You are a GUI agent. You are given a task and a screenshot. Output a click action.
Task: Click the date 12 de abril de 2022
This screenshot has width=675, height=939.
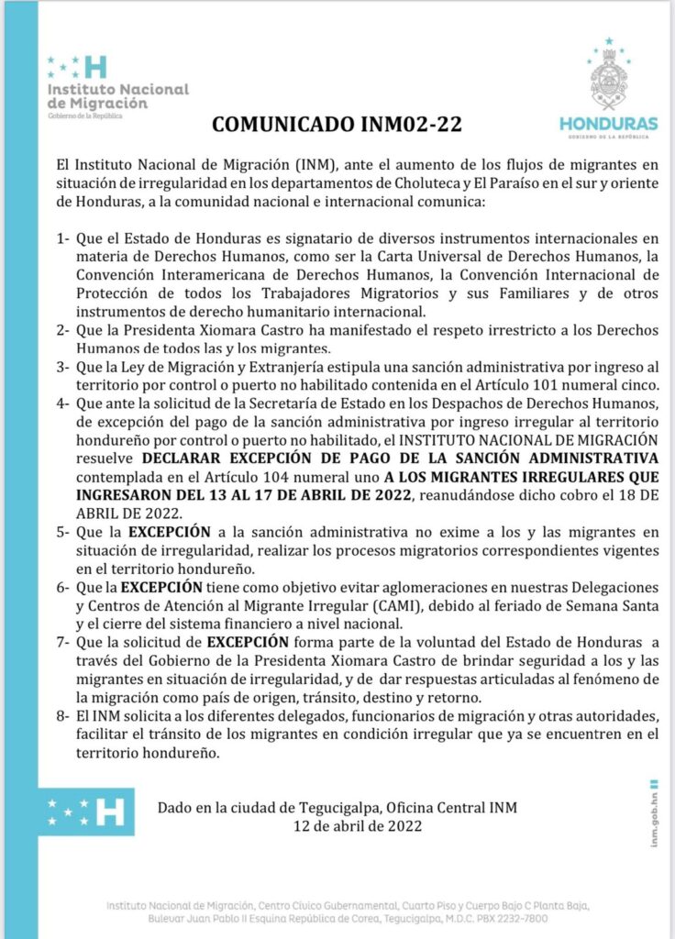tap(337, 824)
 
